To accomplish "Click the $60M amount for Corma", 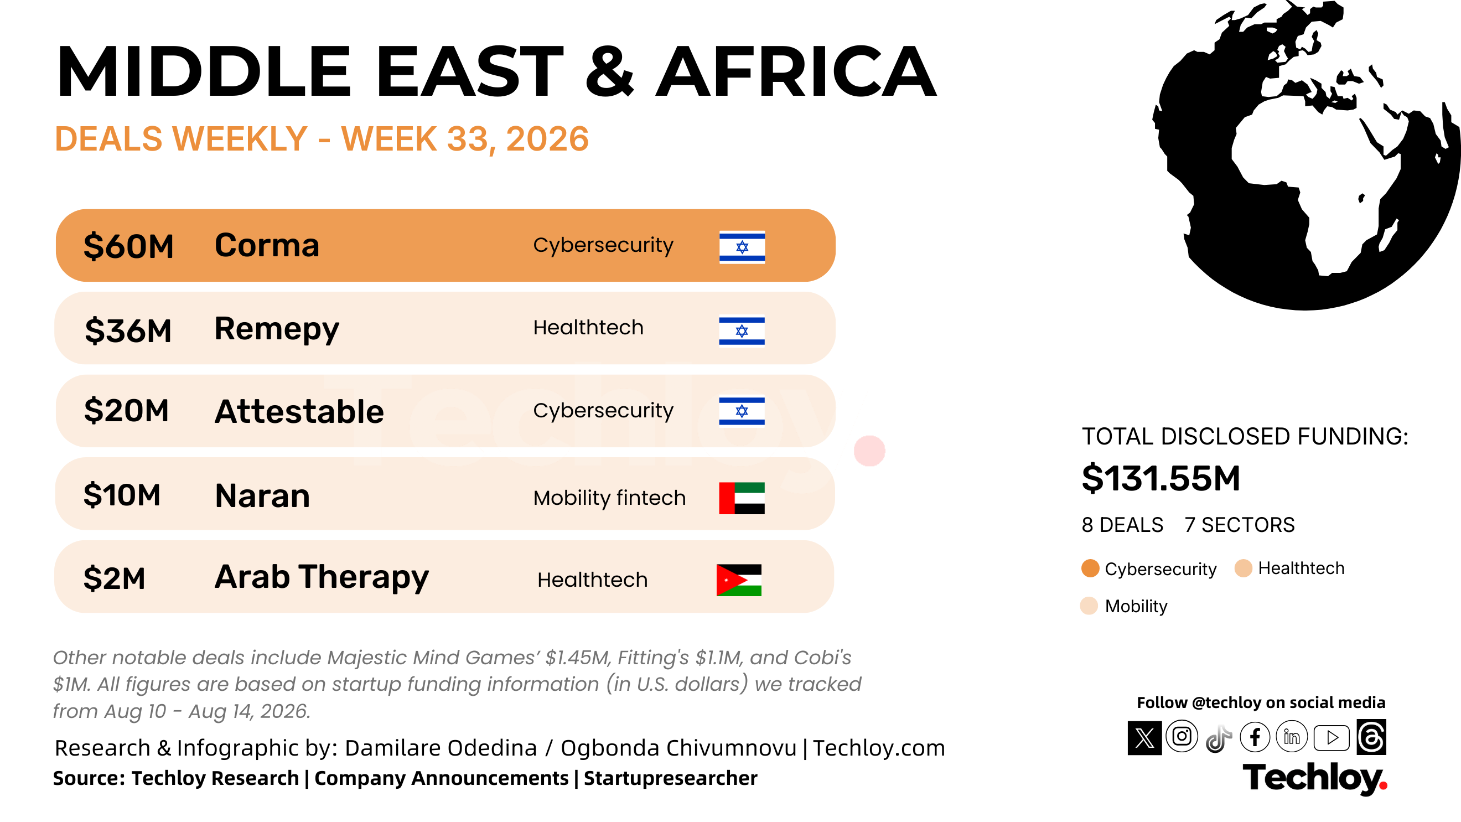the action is (x=128, y=246).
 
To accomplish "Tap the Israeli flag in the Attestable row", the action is (x=742, y=411).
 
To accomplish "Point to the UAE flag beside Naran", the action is (x=742, y=498).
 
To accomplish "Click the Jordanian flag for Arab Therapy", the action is (x=739, y=580).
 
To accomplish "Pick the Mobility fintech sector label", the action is (x=610, y=498).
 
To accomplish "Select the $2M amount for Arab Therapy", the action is (x=114, y=578).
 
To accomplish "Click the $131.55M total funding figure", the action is (x=1161, y=478).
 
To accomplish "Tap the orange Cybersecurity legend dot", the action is (x=1090, y=568).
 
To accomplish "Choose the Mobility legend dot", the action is (x=1089, y=606).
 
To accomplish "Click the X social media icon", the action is (x=1144, y=738).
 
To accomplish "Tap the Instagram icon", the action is (x=1182, y=736).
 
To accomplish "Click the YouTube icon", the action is (x=1331, y=737).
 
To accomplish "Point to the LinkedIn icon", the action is (x=1292, y=737).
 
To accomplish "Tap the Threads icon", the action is (x=1371, y=737).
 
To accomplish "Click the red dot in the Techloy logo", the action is (x=1383, y=785).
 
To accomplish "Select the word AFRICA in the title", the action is (x=796, y=71).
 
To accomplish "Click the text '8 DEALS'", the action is (x=1122, y=525).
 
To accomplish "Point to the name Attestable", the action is (x=299, y=411).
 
